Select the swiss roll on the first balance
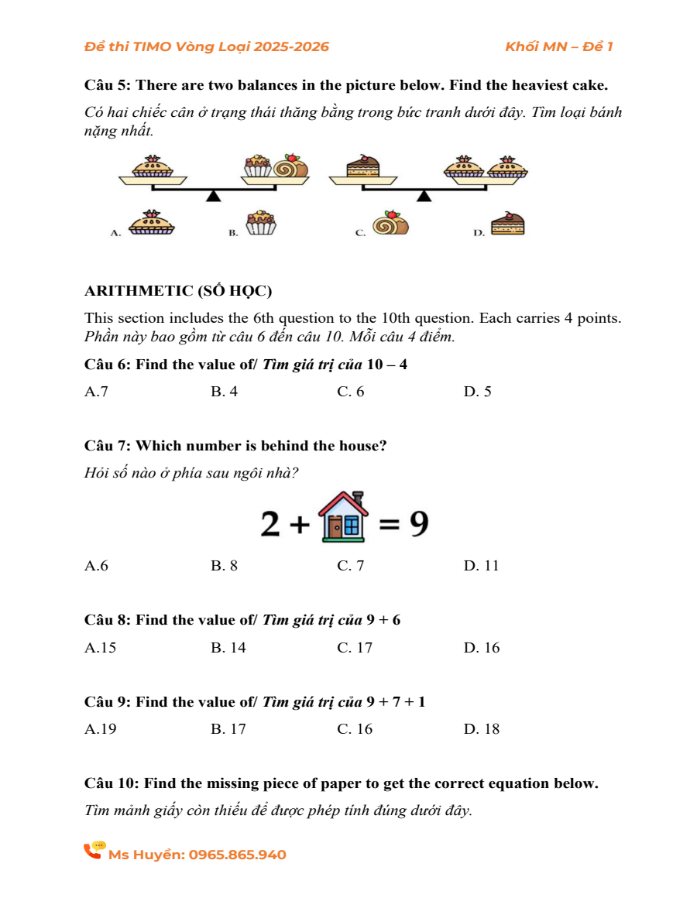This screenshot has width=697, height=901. [292, 166]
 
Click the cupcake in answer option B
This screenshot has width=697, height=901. [260, 222]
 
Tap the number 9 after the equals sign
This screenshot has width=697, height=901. [418, 524]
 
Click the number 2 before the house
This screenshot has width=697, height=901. [270, 525]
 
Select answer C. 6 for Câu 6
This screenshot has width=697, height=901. [351, 392]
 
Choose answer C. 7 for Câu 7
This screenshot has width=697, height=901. [351, 566]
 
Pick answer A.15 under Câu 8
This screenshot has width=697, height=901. [101, 648]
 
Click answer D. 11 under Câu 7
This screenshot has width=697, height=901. [482, 566]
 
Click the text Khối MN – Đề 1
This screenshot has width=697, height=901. [558, 46]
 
